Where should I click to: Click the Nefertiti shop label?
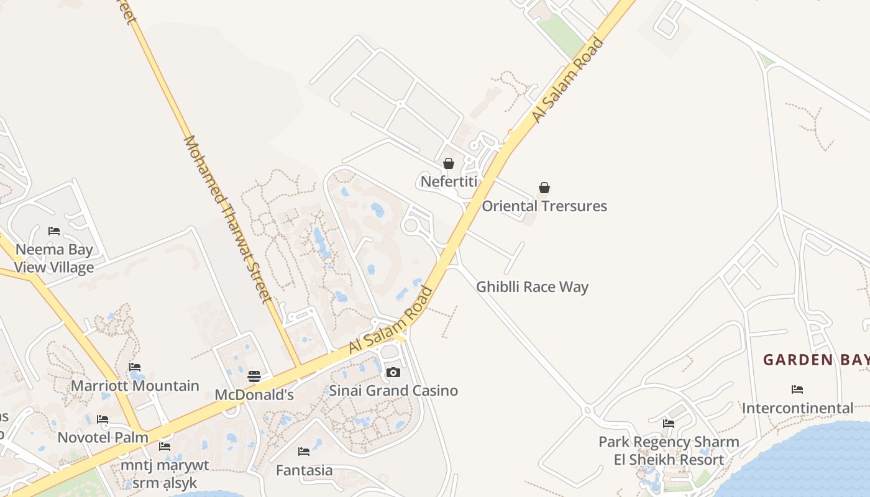449,181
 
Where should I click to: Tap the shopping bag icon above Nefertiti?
448,163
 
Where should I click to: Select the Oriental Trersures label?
544,206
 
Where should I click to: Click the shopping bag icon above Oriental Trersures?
544,188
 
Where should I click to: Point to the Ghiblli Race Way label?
532,286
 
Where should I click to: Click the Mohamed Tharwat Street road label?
227,219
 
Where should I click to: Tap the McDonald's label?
254,395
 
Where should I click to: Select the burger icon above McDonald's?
254,376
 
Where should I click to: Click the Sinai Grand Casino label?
393,390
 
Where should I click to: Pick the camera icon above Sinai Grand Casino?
393,373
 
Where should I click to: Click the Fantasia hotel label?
304,470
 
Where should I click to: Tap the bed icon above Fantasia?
303,452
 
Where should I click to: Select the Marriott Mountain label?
135,386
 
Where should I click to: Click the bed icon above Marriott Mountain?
135,367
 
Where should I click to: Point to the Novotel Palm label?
103,437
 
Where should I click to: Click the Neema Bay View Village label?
54,258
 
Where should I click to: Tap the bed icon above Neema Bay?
54,231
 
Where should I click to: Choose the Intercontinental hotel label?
797,408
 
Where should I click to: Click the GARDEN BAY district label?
815,360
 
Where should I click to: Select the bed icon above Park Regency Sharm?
669,424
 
